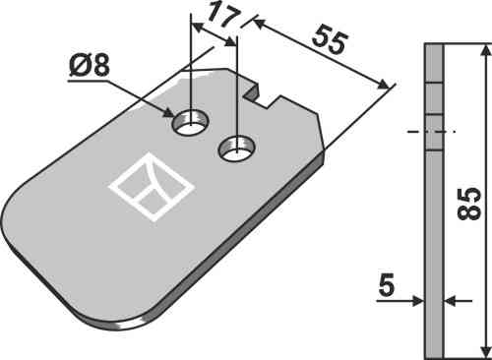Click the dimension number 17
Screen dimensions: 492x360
coord(224,14)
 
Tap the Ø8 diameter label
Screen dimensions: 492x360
coord(90,65)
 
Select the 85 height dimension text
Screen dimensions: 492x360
coord(468,204)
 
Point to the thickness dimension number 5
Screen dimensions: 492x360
coord(387,285)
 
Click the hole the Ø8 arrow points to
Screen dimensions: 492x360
coord(190,122)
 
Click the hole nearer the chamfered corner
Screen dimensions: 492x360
coord(237,149)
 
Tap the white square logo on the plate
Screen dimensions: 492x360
coord(152,187)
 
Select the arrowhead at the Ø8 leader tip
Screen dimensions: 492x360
coord(168,113)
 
